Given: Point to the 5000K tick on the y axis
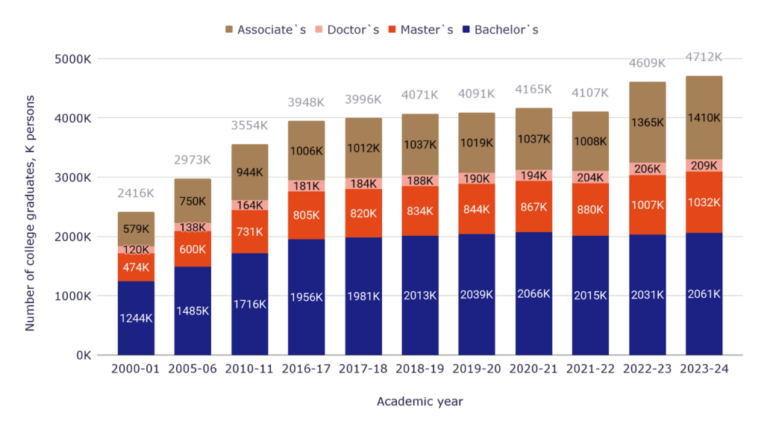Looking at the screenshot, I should (x=73, y=59).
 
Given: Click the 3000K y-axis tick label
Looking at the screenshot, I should (x=73, y=178).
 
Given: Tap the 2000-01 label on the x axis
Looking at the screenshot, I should (x=136, y=369).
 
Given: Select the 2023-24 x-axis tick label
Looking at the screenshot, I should (x=704, y=369).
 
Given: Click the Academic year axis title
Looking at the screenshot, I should (x=419, y=402).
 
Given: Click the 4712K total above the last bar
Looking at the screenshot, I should (x=704, y=57).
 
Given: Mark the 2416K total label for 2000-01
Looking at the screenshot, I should (x=136, y=193).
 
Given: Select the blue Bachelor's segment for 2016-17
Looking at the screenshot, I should (x=306, y=297).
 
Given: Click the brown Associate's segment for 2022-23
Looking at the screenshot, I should (x=647, y=122).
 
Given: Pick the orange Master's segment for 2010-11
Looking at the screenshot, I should (x=249, y=232).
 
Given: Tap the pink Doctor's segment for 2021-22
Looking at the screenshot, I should (x=590, y=177).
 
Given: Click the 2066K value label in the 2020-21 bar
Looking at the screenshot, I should (x=533, y=294).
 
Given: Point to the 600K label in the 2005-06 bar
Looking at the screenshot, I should (x=192, y=249).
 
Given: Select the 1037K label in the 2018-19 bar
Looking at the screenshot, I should (x=419, y=145).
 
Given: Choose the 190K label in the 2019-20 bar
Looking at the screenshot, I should (x=476, y=178).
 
